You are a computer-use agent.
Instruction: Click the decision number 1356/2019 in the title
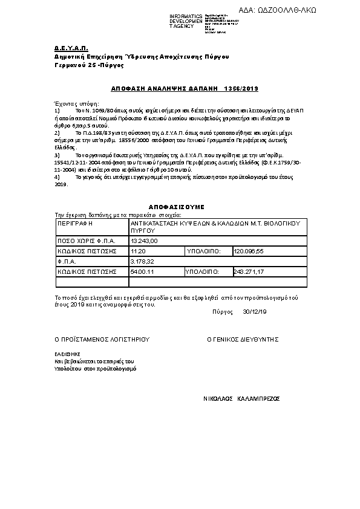[241, 89]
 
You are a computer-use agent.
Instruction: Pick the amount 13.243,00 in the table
[144, 241]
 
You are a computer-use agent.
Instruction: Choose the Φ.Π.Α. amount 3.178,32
[143, 261]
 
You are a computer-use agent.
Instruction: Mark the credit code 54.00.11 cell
[142, 271]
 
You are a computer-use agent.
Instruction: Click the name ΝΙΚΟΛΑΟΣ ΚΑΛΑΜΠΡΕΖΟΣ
[241, 400]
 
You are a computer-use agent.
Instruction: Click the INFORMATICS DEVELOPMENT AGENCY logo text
[186, 21]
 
